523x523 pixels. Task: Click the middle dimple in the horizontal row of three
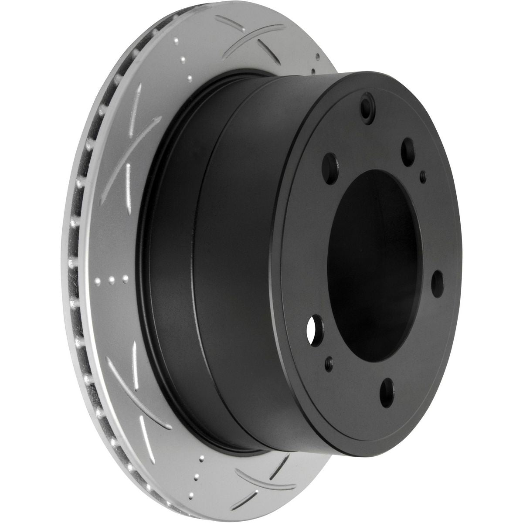[112, 279]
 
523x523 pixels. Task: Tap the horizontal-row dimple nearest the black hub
[125, 278]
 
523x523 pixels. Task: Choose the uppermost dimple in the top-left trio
[176, 42]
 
